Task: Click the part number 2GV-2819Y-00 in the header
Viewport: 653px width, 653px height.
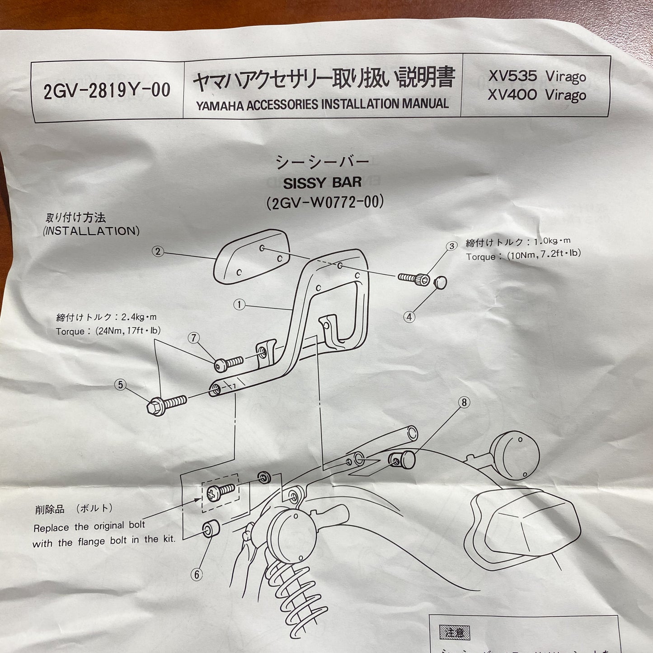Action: pos(107,91)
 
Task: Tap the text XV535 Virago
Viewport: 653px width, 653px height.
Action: pos(537,76)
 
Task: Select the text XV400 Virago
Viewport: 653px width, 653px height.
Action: pos(537,95)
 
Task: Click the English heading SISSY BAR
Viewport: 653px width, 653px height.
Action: pos(322,183)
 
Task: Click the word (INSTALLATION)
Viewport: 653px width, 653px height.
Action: pos(91,231)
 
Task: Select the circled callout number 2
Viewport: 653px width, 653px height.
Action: pos(158,251)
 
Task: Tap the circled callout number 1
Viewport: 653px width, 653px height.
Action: pos(239,305)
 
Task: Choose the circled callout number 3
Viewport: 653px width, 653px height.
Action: pos(451,246)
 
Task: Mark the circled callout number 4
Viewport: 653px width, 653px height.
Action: pos(409,317)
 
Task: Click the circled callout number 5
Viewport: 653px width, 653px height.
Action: pos(120,385)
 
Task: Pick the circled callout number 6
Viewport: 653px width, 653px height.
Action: pos(196,574)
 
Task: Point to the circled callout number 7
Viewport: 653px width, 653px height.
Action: pos(194,338)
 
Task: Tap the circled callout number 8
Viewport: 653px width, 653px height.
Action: pos(464,402)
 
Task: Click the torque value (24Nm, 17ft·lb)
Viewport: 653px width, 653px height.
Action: pos(128,331)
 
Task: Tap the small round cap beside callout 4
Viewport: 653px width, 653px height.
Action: pos(440,283)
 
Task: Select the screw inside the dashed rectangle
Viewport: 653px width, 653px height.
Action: pos(220,492)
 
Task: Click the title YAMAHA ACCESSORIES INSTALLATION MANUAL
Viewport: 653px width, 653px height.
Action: pos(322,105)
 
